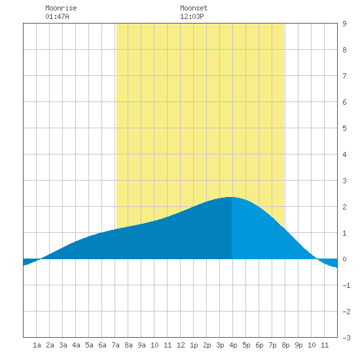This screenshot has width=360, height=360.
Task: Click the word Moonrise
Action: pos(61,8)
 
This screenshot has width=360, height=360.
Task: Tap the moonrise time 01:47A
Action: pos(57,16)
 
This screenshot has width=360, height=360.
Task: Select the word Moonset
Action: pos(194,8)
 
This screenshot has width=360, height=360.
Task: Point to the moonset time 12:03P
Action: pos(192,16)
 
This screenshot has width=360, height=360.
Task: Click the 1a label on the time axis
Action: pos(37,345)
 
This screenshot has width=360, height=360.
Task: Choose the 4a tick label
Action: pos(76,345)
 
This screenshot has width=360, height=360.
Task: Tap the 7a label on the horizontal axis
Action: pos(115,345)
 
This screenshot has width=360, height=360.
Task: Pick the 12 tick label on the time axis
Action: pos(181,345)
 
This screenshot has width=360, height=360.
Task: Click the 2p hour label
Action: pos(207,345)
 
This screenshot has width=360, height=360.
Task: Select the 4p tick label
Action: pos(233,345)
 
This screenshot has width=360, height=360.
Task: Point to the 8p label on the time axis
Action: pos(285,345)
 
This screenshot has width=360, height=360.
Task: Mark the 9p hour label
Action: pos(298,345)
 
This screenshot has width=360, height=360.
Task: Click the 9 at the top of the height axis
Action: pos(344,24)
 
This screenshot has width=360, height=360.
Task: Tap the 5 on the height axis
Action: pos(344,128)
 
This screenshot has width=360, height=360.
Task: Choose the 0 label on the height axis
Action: pos(344,259)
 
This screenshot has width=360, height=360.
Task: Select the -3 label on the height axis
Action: pos(346,338)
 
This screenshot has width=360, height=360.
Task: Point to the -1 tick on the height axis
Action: pos(346,285)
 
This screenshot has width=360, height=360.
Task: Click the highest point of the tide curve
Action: pos(230,197)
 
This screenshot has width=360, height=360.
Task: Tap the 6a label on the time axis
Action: pos(102,345)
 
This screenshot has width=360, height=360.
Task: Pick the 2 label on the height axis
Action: pos(344,207)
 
